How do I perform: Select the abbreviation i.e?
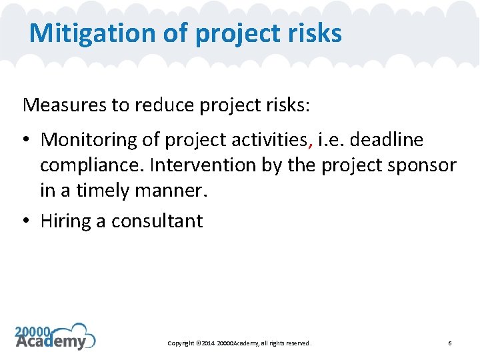(329, 140)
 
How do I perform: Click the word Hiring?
(65, 221)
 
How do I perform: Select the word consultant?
(157, 221)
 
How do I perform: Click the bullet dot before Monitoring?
(27, 141)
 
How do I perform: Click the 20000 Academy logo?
(55, 337)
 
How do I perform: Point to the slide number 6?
(450, 343)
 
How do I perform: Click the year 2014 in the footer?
(205, 343)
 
